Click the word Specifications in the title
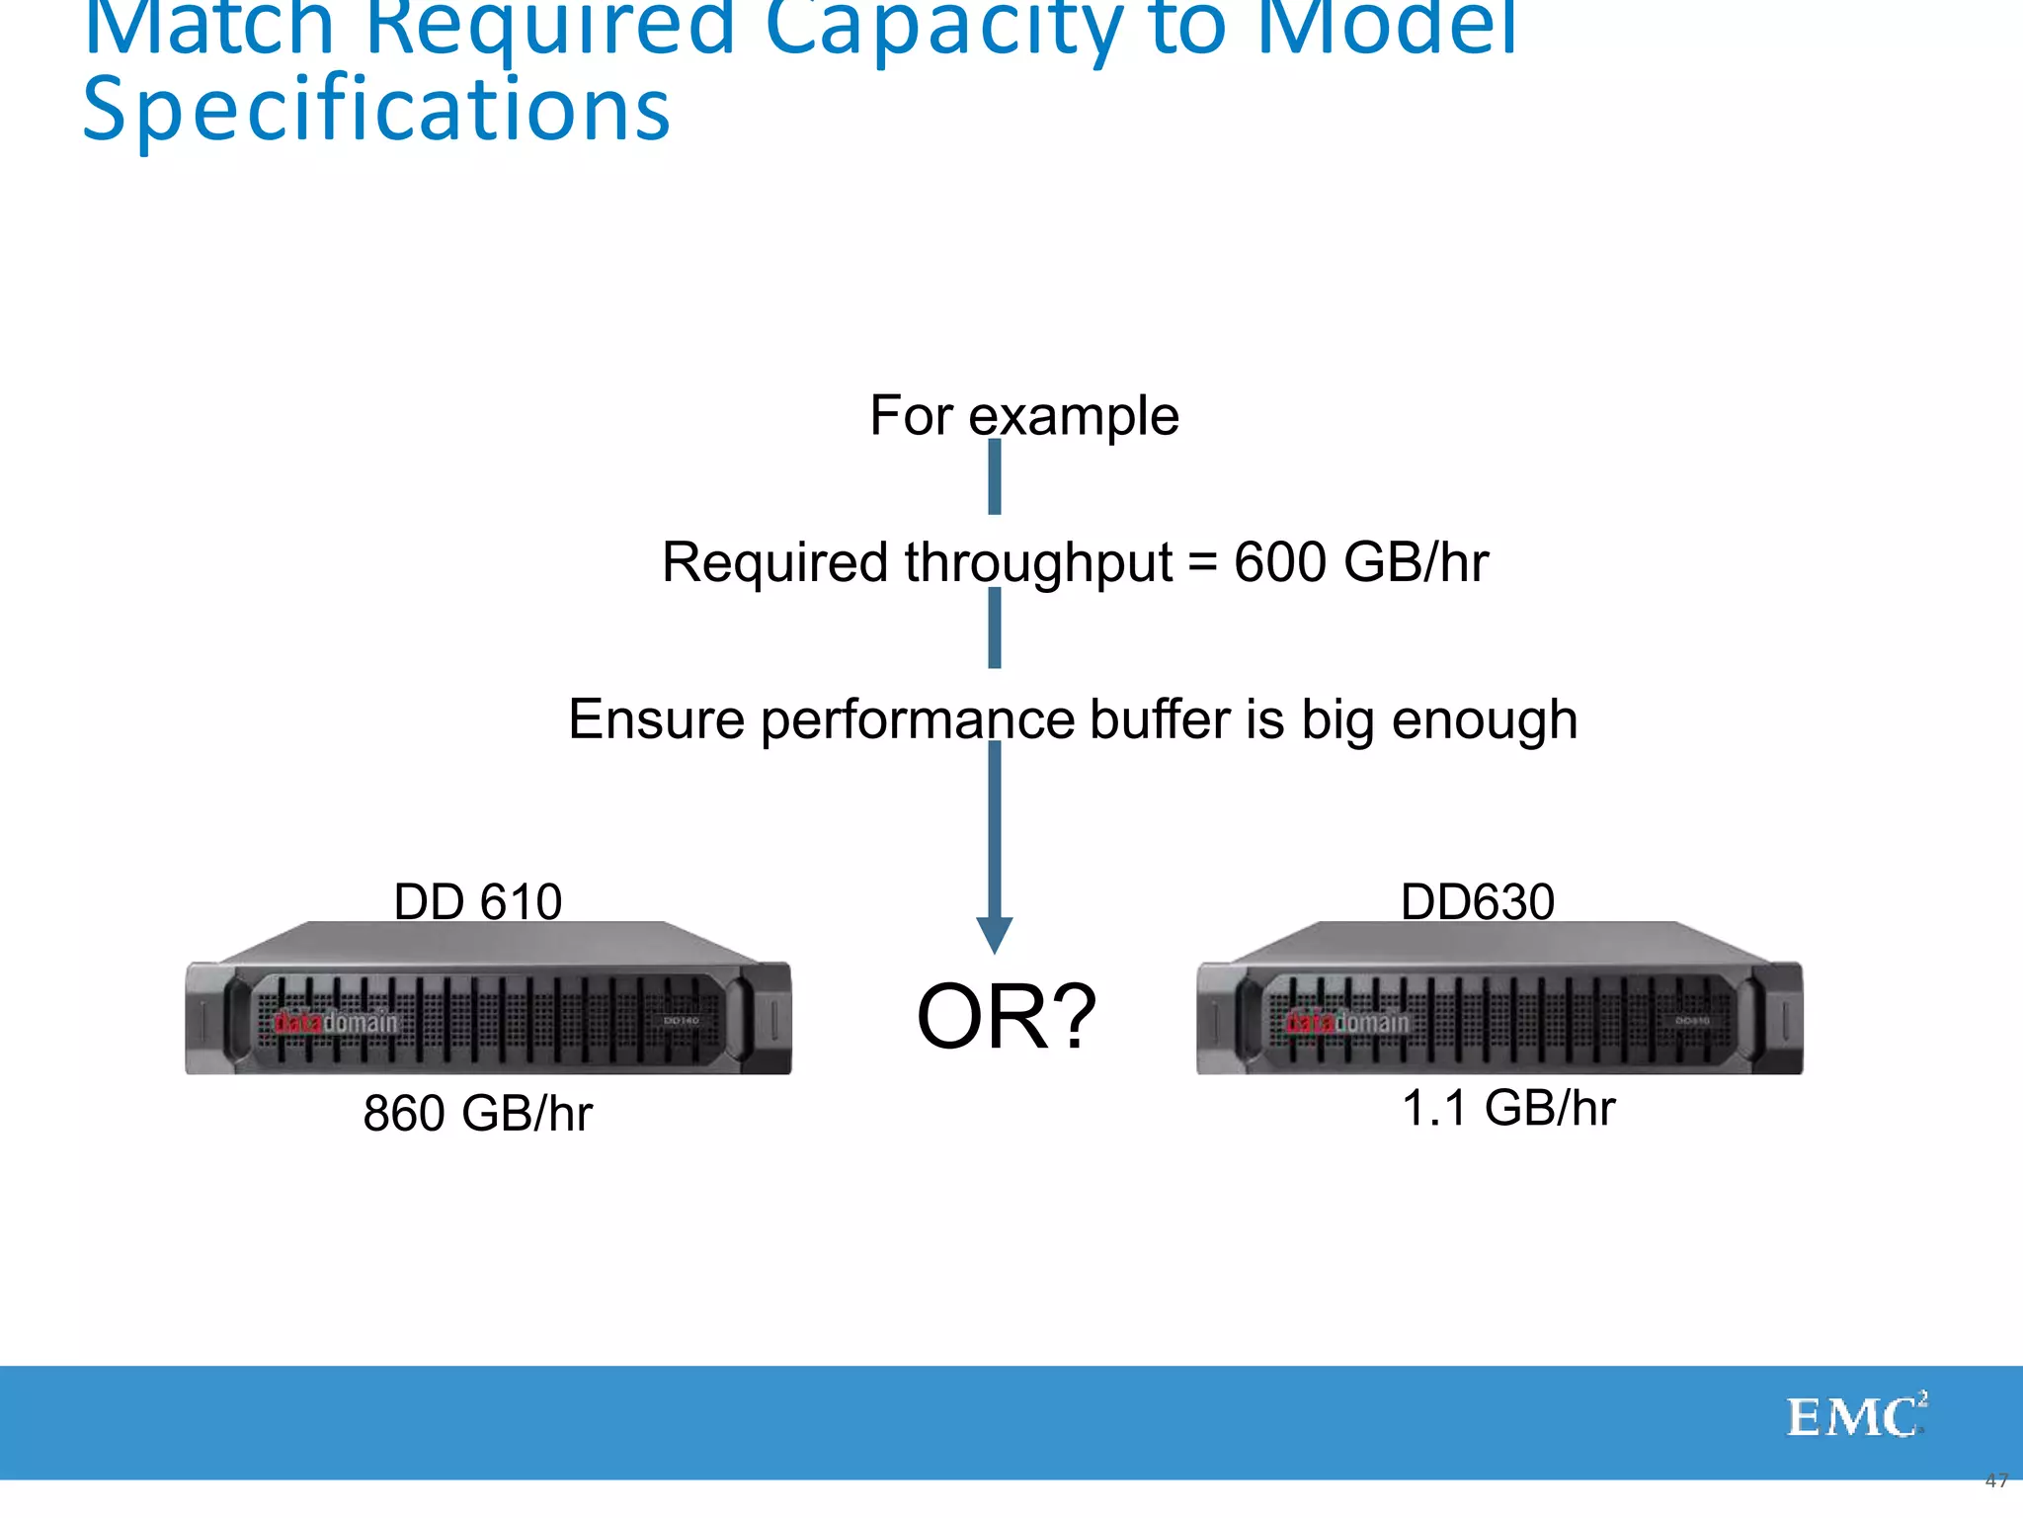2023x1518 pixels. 376,109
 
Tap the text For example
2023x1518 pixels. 1024,415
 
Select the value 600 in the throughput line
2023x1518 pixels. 1280,562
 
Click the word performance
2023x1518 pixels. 918,720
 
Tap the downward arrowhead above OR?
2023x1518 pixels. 994,933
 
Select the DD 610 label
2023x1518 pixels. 478,901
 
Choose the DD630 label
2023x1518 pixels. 1478,901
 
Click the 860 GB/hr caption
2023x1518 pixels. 478,1113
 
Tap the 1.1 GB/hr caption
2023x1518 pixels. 1508,1108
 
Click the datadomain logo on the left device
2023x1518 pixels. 336,1022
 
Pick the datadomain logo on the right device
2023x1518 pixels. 1347,1022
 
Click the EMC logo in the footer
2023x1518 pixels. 1856,1417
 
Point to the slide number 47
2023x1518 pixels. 1996,1480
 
